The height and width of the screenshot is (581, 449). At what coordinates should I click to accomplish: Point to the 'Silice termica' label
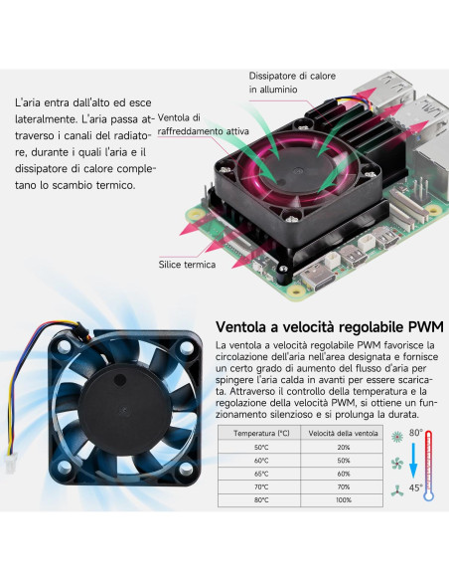click(188, 265)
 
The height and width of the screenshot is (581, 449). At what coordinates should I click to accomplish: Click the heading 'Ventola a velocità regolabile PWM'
click(329, 326)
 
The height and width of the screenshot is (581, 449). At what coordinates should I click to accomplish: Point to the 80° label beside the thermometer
click(415, 434)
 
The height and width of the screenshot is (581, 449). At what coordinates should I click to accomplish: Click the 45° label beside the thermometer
click(415, 488)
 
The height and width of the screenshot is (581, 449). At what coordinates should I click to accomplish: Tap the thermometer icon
click(429, 463)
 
